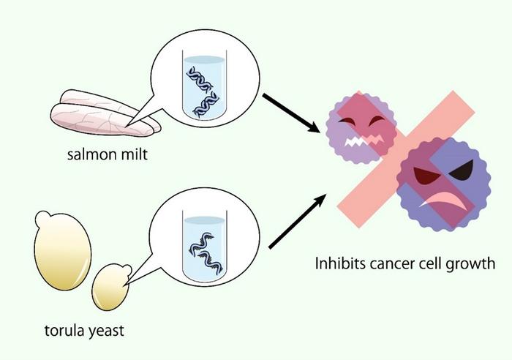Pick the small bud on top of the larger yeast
click(43, 216)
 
